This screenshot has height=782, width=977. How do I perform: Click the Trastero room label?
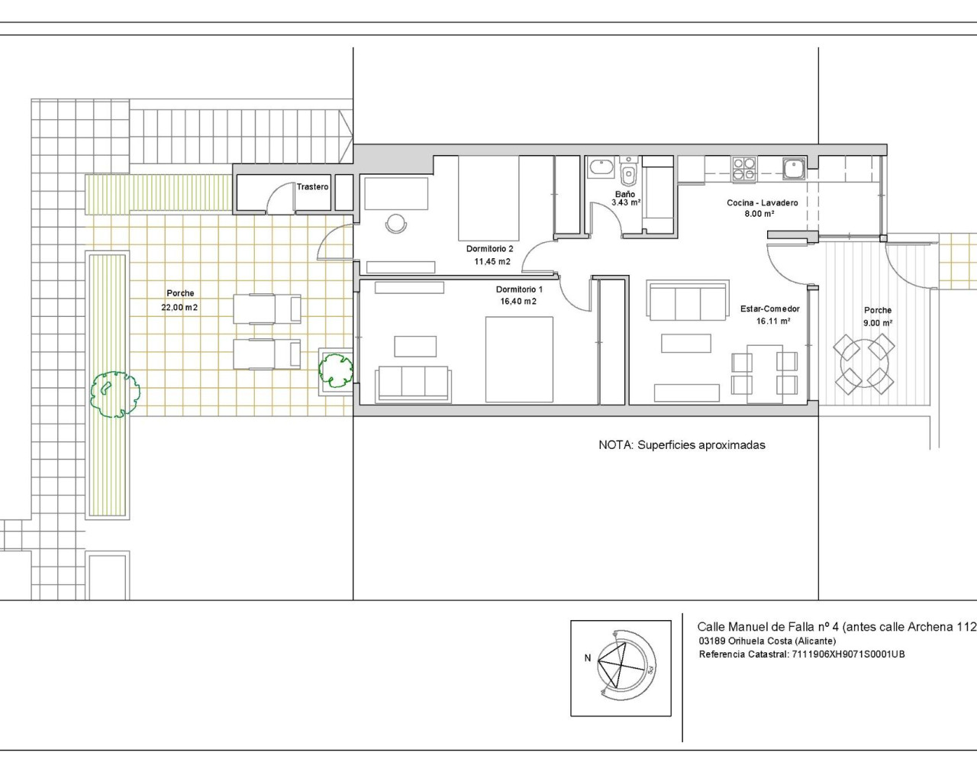click(x=312, y=187)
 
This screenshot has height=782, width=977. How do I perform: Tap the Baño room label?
click(x=625, y=195)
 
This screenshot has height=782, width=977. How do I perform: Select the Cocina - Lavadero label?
click(x=762, y=203)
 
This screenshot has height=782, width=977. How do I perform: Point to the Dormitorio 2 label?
click(x=489, y=249)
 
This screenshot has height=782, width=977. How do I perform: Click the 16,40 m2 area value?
click(x=518, y=302)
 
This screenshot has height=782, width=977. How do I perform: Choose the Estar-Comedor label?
click(x=769, y=309)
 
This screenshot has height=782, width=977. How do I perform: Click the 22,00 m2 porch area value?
click(x=180, y=308)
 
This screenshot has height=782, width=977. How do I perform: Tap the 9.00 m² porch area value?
click(x=877, y=323)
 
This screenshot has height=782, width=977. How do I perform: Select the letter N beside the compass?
click(x=588, y=658)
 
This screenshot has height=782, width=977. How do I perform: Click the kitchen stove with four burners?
click(x=743, y=169)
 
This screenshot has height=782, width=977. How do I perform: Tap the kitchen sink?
click(x=794, y=167)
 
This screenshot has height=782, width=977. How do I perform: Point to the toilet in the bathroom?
click(x=628, y=173)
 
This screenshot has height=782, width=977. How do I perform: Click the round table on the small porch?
click(x=864, y=364)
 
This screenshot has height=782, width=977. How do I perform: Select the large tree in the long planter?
click(x=114, y=393)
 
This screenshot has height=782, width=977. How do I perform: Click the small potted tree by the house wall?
click(x=335, y=369)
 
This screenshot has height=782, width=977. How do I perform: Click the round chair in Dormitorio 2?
click(x=396, y=223)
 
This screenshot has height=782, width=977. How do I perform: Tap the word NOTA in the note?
click(x=614, y=444)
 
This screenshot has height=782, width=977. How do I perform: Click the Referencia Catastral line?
click(x=801, y=654)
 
